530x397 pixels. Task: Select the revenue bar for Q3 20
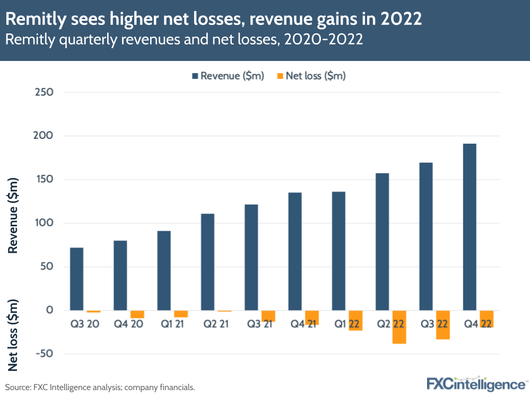76,279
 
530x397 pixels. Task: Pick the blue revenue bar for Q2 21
207,262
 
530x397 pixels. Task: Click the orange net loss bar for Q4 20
137,314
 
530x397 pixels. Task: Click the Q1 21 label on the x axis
171,323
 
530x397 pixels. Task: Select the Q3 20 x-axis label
84,323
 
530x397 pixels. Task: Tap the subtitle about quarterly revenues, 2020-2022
184,40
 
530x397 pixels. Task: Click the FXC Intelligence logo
475,383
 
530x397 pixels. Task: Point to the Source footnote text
100,387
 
